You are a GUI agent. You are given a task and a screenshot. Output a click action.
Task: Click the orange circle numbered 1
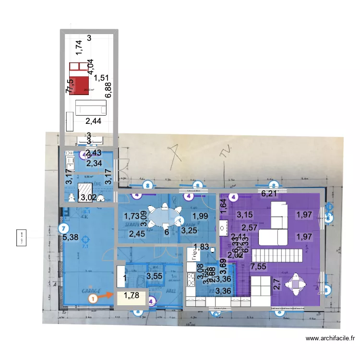point(93,298)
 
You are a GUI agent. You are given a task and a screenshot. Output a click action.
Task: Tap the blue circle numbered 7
point(63,228)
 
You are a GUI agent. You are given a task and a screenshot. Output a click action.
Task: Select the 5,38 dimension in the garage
point(71,237)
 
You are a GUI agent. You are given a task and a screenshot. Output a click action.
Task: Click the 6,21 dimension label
point(270,194)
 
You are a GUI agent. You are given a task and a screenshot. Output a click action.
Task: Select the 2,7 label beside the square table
point(276,284)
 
